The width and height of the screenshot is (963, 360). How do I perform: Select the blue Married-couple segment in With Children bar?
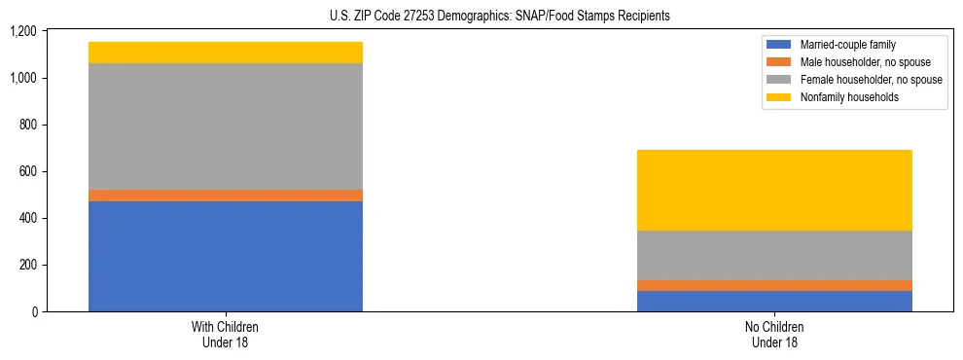pyautogui.click(x=226, y=256)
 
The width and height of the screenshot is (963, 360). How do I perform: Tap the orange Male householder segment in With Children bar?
pyautogui.click(x=226, y=196)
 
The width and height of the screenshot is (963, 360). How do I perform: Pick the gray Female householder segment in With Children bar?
pyautogui.click(x=226, y=126)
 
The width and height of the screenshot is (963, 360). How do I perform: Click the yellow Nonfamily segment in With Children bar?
pyautogui.click(x=226, y=53)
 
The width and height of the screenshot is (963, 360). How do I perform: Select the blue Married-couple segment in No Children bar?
pyautogui.click(x=774, y=301)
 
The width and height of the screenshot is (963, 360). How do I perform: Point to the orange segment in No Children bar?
pyautogui.click(x=774, y=285)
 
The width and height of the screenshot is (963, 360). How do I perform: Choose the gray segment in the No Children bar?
pyautogui.click(x=774, y=255)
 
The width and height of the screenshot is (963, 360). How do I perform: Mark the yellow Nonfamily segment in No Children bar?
pyautogui.click(x=774, y=190)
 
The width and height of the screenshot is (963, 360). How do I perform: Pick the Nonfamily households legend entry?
pyautogui.click(x=847, y=97)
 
